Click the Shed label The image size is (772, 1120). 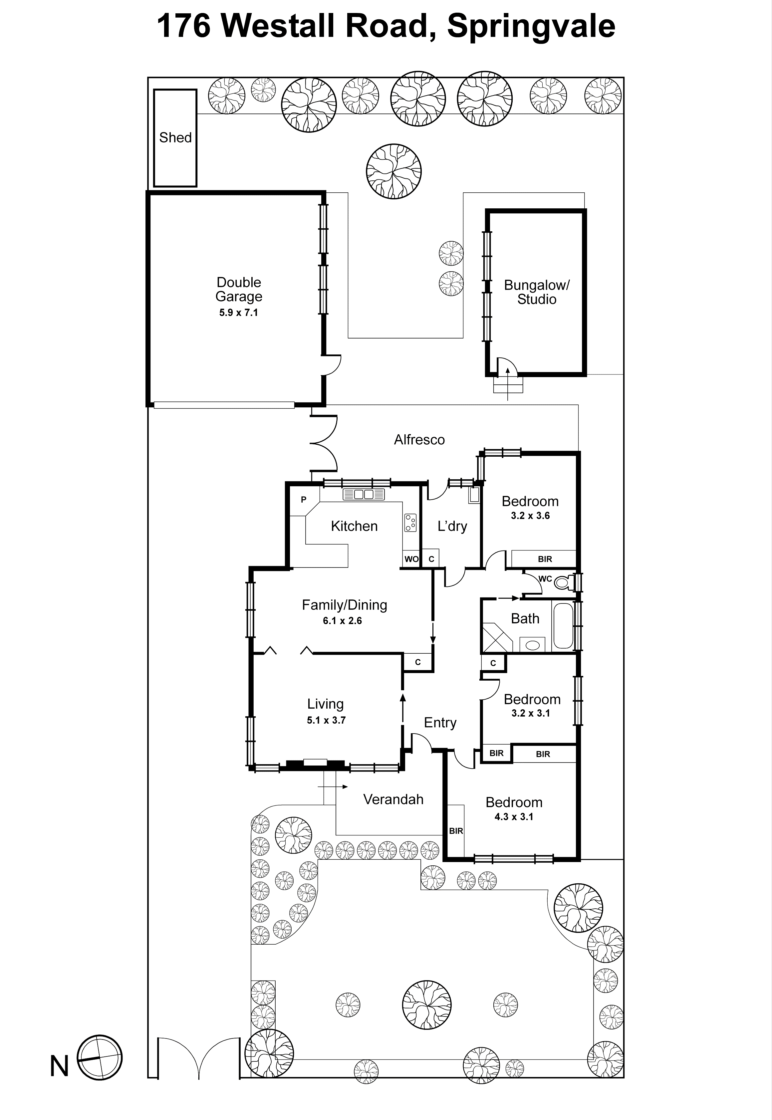point(175,138)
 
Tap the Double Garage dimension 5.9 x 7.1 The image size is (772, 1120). point(238,313)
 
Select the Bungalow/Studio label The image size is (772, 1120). point(536,292)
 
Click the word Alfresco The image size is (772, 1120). point(419,440)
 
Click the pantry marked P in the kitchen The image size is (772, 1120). point(304,500)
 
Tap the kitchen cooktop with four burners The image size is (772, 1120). point(410,522)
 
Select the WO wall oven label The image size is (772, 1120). point(411,559)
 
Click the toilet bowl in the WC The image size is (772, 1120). point(562,583)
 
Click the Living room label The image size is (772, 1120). point(325,704)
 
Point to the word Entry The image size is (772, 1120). point(440,723)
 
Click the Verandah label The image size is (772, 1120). point(393,799)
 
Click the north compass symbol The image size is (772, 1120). point(100,1058)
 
